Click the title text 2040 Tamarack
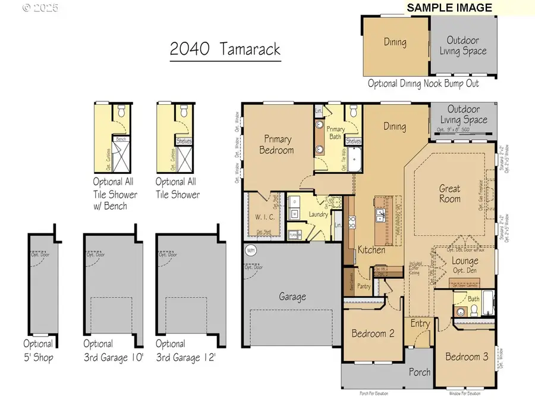click(225, 49)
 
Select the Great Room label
click(450, 194)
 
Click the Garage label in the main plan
click(292, 296)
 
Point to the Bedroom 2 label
click(373, 334)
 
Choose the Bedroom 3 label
click(467, 356)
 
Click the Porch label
click(420, 372)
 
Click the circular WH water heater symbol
click(250, 251)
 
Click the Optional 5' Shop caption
click(38, 351)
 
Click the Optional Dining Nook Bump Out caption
click(423, 84)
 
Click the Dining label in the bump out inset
click(395, 42)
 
